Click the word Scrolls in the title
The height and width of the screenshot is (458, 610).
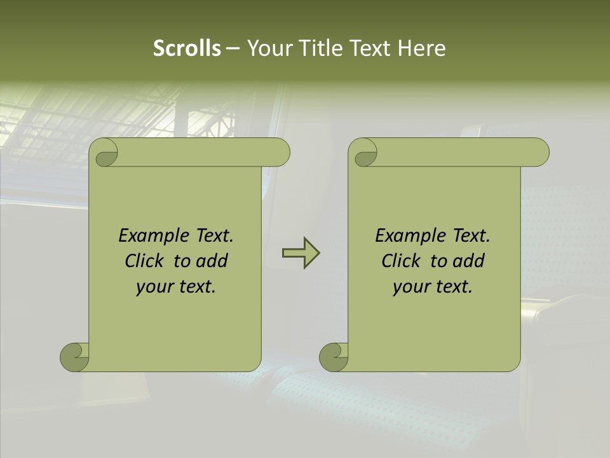[187, 48]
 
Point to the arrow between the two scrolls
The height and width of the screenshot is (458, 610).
[301, 253]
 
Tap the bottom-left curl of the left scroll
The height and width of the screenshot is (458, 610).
[74, 356]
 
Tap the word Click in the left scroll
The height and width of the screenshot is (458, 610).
[146, 261]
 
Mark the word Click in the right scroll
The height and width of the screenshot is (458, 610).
[402, 261]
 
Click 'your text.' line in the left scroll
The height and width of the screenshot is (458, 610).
[175, 286]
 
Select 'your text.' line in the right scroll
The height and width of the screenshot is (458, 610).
[432, 286]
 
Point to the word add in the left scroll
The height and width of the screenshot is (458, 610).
[212, 261]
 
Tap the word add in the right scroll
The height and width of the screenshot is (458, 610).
[468, 261]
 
